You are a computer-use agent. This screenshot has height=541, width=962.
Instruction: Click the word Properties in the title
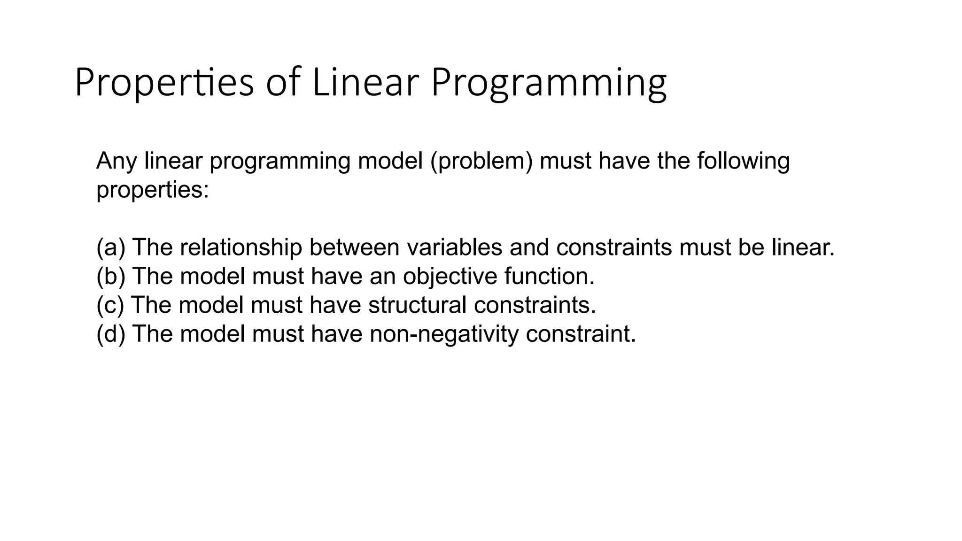pyautogui.click(x=164, y=83)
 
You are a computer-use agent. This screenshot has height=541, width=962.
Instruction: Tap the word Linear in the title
pyautogui.click(x=365, y=83)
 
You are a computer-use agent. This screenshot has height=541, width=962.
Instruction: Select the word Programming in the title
pyautogui.click(x=548, y=83)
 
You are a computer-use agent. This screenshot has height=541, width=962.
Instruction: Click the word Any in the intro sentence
pyautogui.click(x=116, y=161)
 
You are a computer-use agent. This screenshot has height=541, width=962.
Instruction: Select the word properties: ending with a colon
pyautogui.click(x=152, y=190)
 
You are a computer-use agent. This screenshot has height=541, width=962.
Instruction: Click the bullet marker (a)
pyautogui.click(x=111, y=247)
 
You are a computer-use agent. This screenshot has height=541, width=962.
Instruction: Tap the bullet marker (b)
pyautogui.click(x=111, y=276)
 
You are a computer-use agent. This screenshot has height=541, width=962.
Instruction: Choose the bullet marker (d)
pyautogui.click(x=111, y=334)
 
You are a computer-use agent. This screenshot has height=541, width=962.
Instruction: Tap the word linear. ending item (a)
pyautogui.click(x=803, y=247)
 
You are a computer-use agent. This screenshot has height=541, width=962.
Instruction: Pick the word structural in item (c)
pyautogui.click(x=417, y=305)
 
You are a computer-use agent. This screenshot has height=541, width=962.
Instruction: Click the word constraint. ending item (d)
pyautogui.click(x=581, y=334)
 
